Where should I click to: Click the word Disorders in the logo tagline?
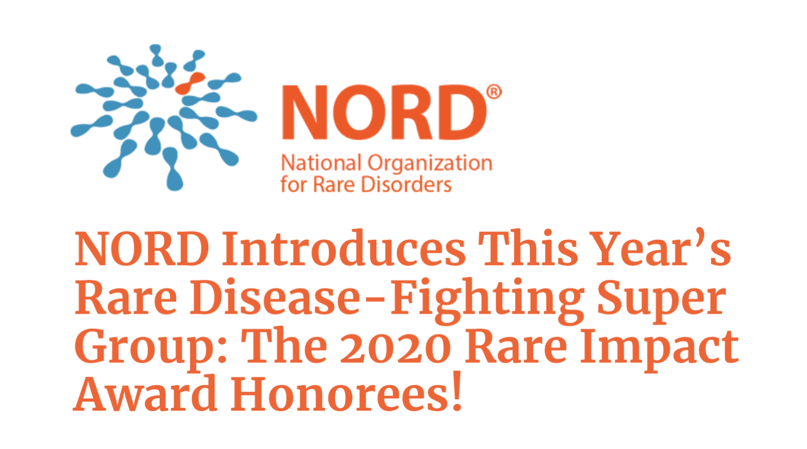[x=412, y=184]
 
